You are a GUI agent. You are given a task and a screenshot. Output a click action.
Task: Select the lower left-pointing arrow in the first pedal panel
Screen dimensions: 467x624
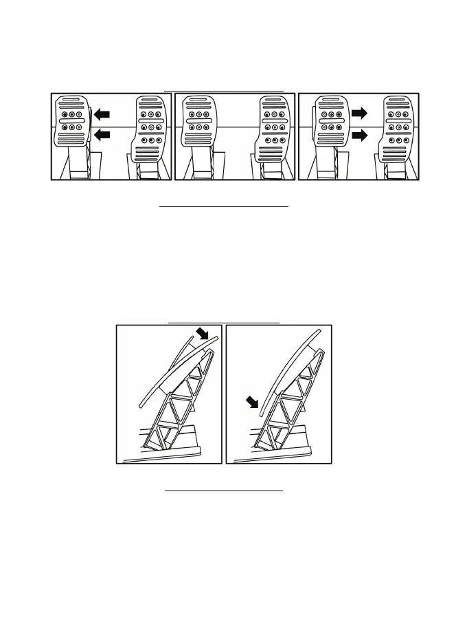click(102, 136)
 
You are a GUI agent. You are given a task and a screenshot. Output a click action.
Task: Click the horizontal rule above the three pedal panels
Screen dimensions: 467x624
click(225, 90)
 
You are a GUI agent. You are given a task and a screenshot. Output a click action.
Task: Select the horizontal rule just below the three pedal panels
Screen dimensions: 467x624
click(225, 205)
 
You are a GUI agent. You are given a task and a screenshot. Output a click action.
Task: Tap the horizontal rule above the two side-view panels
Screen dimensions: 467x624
click(224, 322)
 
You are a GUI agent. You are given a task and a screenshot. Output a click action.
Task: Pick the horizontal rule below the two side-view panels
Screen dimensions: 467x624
click(224, 491)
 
